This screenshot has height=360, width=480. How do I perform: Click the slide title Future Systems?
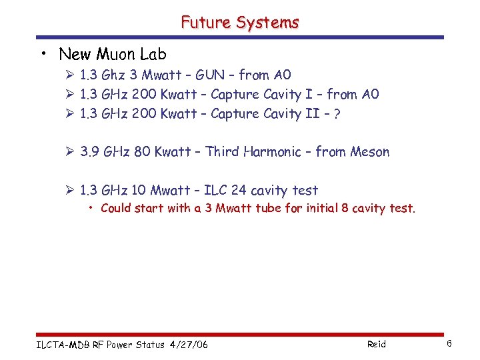[x=240, y=22]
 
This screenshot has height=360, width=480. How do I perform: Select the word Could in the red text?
[x=116, y=209]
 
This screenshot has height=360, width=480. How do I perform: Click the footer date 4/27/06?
[x=189, y=345]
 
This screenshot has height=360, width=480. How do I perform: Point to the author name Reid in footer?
[x=376, y=345]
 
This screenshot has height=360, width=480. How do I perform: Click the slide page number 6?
[x=449, y=344]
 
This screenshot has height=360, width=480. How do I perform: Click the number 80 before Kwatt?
[x=142, y=152]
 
